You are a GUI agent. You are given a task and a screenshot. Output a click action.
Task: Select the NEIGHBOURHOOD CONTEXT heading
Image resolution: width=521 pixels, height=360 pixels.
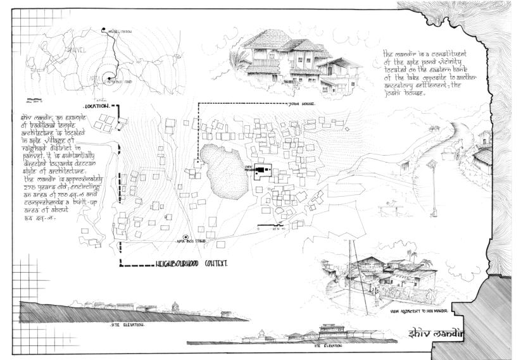tap(191, 262)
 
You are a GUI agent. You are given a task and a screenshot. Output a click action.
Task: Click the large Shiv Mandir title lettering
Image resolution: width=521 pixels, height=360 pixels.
tap(437, 333)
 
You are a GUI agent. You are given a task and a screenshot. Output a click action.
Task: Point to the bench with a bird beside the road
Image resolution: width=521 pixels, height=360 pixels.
tap(388, 206)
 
